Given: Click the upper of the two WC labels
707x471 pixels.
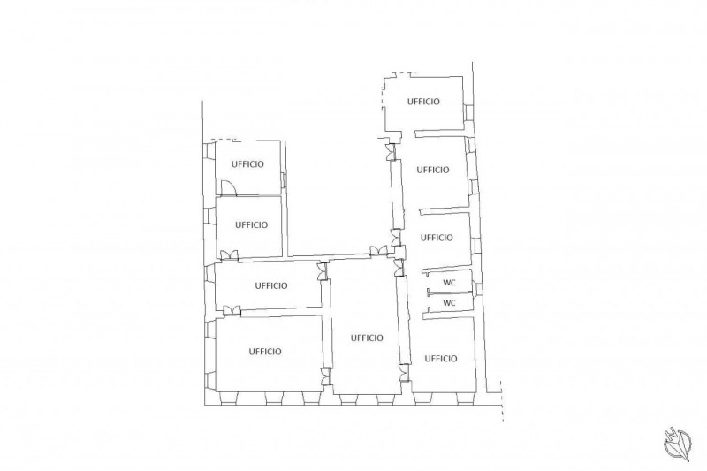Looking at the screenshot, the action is (449, 283).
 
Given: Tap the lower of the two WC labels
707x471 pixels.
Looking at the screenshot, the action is (449, 303).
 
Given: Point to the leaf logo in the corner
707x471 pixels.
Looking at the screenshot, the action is (678, 444).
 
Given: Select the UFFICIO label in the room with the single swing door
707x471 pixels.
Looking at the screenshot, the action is (247, 164).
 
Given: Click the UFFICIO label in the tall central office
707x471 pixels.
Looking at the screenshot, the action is (367, 338).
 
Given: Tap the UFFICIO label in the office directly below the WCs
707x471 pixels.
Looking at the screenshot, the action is (441, 358).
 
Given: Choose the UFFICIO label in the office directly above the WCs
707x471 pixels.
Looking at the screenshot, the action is (437, 238).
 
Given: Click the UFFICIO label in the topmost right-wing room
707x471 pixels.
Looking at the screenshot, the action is (423, 102).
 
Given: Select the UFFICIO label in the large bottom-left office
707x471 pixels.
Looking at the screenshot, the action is (265, 351).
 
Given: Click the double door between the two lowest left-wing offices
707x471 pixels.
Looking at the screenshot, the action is (232, 310).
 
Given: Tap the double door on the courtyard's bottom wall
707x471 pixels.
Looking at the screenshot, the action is (378, 251).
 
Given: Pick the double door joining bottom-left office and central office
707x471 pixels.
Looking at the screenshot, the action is (326, 376).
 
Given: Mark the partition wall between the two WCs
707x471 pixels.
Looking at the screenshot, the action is (452, 293).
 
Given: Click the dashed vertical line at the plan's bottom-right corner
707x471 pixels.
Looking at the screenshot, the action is (502, 400).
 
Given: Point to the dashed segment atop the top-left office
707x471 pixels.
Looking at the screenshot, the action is (225, 140).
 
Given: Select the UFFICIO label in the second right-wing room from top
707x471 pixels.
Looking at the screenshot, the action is (433, 170).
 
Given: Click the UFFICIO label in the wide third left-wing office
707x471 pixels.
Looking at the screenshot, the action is (271, 285).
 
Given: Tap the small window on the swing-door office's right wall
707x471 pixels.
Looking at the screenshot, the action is (284, 180).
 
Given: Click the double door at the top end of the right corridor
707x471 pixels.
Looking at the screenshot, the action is (391, 152).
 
